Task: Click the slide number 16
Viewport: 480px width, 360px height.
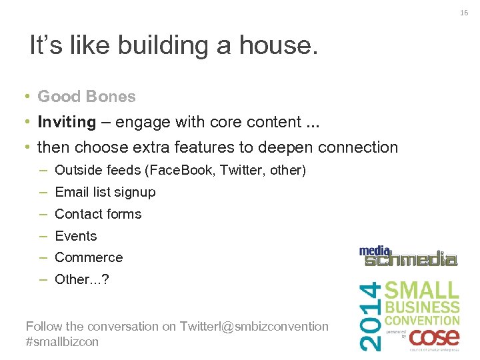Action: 464,12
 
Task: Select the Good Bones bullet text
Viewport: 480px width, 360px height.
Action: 86,97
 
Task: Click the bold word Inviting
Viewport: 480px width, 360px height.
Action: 67,122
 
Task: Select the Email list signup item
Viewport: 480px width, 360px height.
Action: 105,192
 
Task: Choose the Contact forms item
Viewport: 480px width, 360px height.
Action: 98,214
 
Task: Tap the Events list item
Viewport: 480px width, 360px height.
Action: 75,236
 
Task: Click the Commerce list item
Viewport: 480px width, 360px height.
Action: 89,257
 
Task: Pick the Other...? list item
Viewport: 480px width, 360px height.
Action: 81,279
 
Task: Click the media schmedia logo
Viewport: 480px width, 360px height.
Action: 408,256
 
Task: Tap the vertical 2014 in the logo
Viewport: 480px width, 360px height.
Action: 372,315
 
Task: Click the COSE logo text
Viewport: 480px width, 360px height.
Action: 434,338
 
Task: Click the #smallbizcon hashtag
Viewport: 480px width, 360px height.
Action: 62,341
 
